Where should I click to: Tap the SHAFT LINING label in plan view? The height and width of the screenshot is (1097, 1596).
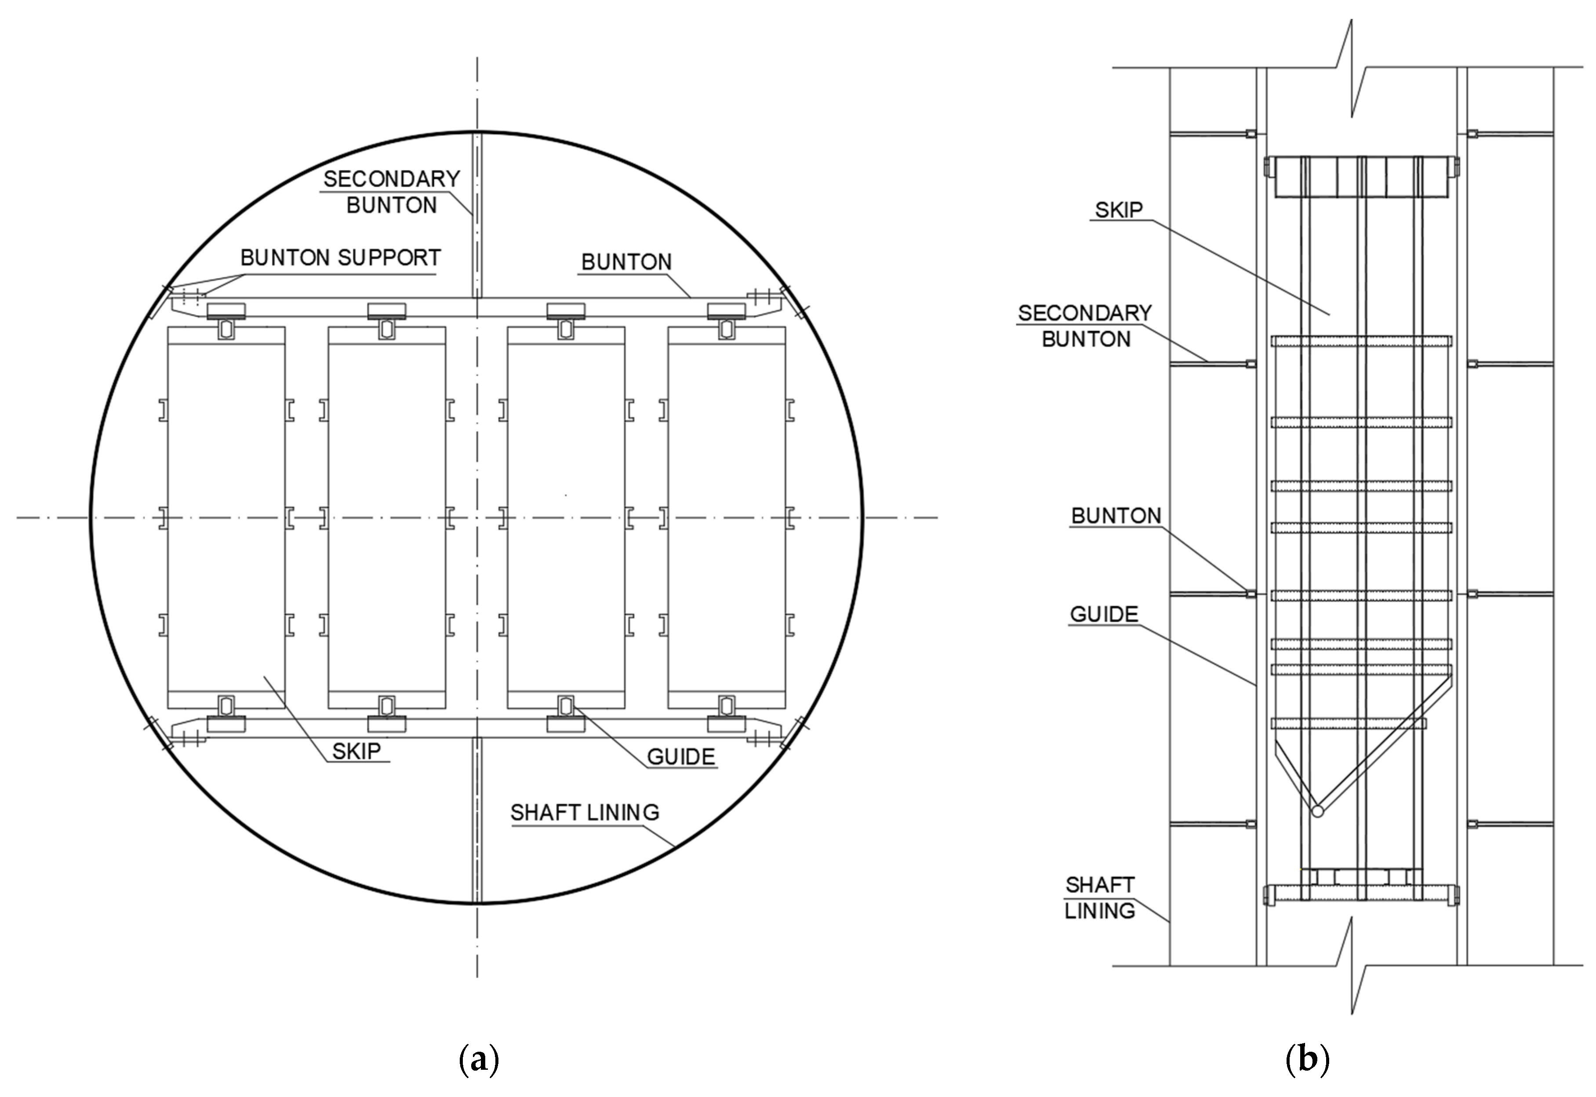tap(584, 813)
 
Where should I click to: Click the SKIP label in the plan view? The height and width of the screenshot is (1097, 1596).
tap(356, 751)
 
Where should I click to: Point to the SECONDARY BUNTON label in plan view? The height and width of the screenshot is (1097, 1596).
tap(391, 192)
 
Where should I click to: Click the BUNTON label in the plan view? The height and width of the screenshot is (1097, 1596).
tap(626, 262)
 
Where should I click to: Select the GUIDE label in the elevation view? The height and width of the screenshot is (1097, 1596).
tap(1103, 614)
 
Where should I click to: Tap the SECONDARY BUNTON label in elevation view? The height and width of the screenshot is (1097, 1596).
tap(1085, 326)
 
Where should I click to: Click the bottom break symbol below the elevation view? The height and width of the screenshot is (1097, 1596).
tap(1351, 966)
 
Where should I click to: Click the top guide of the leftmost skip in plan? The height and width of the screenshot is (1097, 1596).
tap(226, 329)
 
